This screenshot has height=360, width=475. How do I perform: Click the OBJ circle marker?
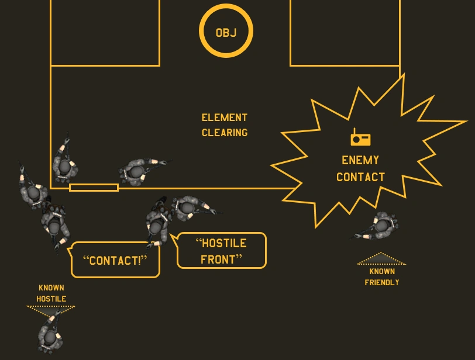coord(226,32)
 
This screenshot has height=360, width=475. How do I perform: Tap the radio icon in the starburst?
coord(360,138)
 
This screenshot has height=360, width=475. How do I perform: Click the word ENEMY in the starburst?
coord(360,160)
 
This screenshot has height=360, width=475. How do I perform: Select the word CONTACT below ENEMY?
coord(360,177)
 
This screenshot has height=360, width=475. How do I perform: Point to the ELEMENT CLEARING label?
coord(225,125)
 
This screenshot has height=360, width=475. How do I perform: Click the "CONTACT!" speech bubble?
coord(115,260)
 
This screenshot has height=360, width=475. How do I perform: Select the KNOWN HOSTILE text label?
coord(51,293)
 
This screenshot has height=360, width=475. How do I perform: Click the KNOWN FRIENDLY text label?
coord(382,277)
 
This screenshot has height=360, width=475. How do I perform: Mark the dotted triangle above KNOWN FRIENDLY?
coord(381,259)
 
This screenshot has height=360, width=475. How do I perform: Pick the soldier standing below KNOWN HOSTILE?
coord(49,334)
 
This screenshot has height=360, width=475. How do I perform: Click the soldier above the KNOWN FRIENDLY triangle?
coord(380,226)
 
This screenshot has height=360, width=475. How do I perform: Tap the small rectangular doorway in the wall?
coord(94,188)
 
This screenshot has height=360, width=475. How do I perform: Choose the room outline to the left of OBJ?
coord(105,32)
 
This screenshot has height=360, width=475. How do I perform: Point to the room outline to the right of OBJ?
coord(345,32)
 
